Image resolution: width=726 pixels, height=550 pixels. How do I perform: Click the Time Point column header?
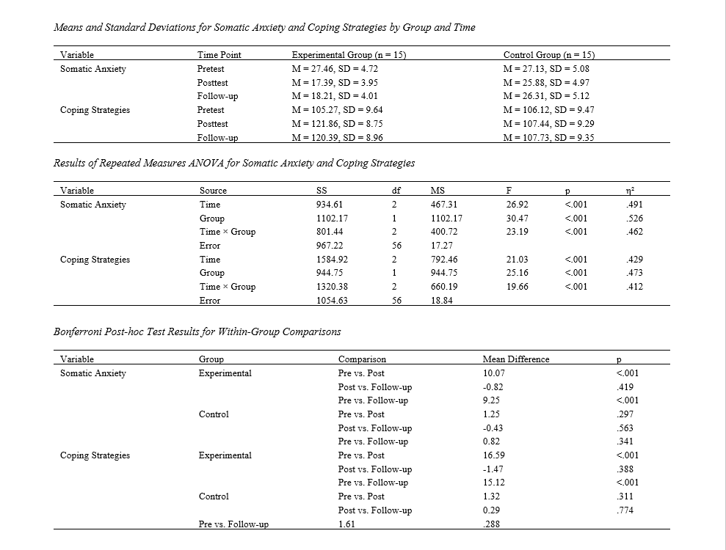[219, 55]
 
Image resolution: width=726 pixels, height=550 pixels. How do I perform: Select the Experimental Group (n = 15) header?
[349, 55]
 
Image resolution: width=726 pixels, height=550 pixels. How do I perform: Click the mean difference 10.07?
[493, 373]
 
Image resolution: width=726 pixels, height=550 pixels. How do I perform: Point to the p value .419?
[625, 386]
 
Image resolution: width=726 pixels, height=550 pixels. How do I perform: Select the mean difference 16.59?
[493, 455]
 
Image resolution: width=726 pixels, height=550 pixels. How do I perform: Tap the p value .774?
[625, 510]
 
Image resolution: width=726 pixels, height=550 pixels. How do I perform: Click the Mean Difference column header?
[516, 359]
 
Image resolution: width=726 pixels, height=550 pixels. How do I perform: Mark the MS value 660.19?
[443, 287]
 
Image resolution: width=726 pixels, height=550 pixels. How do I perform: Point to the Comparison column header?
[362, 359]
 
